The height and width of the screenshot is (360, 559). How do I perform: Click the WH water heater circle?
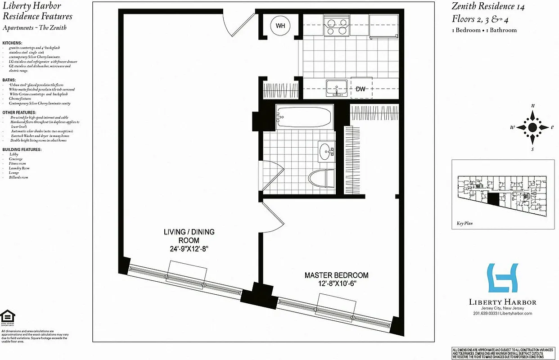[x=280, y=26]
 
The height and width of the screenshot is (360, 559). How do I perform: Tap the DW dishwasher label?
[x=360, y=89]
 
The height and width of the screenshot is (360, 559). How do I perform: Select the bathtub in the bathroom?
[x=303, y=117]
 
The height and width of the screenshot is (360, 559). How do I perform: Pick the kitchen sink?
[x=337, y=88]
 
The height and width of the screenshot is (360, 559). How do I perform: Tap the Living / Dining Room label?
[x=189, y=236]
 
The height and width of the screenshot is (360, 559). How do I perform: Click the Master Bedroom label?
[x=336, y=275]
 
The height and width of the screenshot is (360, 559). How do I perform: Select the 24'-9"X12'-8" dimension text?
[x=189, y=248]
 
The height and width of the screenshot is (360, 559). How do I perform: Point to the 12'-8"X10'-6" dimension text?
[x=336, y=283]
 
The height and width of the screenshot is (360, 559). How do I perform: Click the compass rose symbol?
[x=532, y=127]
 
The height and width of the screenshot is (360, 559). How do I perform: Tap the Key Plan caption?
[x=464, y=223]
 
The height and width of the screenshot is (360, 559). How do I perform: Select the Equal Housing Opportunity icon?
[x=8, y=316]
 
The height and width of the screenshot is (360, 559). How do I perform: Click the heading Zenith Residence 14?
[x=488, y=6]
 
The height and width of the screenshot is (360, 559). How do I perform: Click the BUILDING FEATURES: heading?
[x=22, y=149]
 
